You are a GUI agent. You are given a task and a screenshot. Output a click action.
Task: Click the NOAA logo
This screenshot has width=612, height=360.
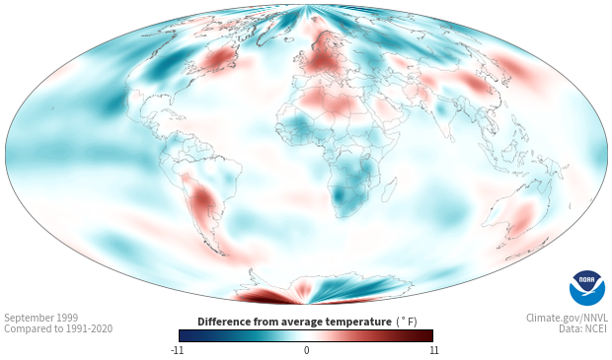[586, 288]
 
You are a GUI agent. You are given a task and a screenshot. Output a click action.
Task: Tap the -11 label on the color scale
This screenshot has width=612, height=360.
[177, 350]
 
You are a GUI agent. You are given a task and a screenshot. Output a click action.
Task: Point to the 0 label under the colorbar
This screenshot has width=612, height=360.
[306, 350]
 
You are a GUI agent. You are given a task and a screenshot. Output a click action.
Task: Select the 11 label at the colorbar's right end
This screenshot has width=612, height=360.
[434, 350]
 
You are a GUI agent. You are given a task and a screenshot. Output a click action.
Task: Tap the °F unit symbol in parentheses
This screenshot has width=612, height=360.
[407, 323]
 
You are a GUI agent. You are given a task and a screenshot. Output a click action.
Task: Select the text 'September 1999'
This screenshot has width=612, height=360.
[41, 318]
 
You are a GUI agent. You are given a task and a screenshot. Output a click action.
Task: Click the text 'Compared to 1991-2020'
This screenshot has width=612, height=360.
[58, 328]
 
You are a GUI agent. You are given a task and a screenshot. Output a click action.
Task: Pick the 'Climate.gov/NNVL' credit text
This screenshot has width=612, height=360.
[567, 318]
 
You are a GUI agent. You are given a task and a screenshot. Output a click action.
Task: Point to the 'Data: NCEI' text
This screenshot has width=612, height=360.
[583, 328]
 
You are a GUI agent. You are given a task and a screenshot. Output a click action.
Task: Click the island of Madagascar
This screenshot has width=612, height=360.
[389, 189]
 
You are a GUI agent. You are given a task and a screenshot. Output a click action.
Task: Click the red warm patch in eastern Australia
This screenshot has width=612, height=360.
[522, 219]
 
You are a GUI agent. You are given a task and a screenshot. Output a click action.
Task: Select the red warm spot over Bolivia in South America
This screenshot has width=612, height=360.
[201, 198]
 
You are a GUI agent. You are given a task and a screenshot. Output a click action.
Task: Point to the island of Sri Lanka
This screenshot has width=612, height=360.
[452, 138]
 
